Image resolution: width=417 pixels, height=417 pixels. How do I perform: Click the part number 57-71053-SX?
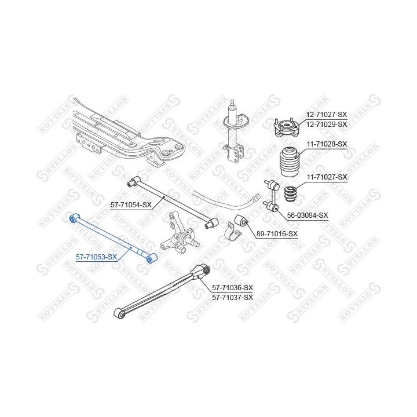point(96,257)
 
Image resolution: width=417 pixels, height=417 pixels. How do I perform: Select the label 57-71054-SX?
point(131,205)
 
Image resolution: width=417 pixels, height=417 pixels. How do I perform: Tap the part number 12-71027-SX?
point(327,115)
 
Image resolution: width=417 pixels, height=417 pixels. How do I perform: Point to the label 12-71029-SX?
point(327,124)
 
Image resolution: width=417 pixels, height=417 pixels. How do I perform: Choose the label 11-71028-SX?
point(327,144)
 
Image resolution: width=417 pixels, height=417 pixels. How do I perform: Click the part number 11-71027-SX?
point(327,177)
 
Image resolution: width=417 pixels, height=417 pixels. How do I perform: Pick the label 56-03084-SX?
point(308,215)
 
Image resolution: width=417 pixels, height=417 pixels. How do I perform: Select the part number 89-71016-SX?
point(277,234)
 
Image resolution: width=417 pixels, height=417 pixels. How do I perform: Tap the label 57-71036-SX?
point(233,288)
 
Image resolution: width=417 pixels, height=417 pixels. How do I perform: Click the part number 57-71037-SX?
point(233,297)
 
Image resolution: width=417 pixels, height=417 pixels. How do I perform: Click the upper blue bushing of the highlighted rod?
point(72,219)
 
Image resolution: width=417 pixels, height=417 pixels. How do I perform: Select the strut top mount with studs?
point(287,127)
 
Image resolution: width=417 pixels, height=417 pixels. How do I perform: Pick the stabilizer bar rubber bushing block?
point(242,221)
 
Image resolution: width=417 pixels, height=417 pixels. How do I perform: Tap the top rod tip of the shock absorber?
point(233,103)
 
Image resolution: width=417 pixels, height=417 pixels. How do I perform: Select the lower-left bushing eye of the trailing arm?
point(120,314)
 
